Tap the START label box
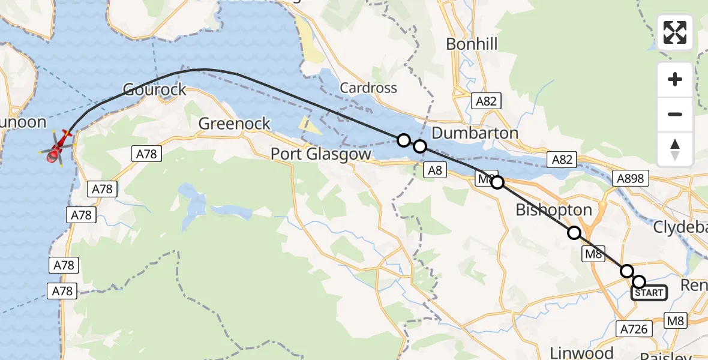coord(649,293)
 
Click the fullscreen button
coord(675,32)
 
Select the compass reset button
coord(675,149)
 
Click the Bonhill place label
coord(472,44)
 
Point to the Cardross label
coord(368,88)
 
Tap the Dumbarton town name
coord(475,133)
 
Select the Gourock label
coord(155,90)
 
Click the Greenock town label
coord(235,124)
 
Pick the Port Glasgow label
coord(321,154)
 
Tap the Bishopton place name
coord(554,210)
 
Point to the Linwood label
coord(582,352)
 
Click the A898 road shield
coord(629,178)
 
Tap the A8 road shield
coord(436,170)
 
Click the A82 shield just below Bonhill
coord(485,101)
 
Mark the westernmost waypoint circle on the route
coord(404,140)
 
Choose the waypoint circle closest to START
coord(639,282)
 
